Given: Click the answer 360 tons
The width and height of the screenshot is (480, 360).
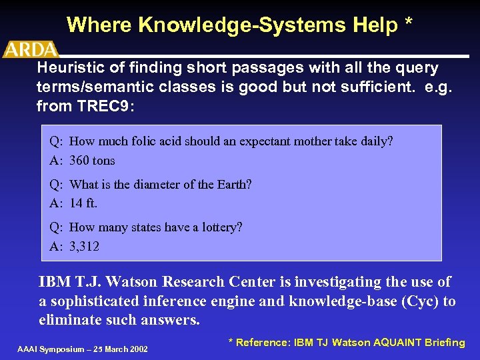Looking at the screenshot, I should click(92, 161).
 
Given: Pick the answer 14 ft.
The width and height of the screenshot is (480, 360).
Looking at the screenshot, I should click(83, 203).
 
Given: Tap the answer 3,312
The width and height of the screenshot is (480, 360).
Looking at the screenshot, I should click(85, 247).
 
